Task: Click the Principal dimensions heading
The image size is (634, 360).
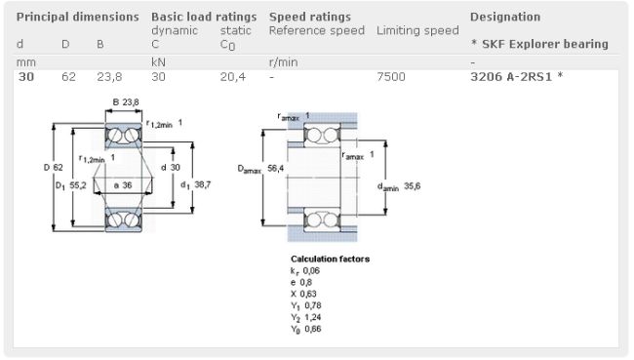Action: pos(77,17)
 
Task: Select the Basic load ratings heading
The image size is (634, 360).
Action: pos(204,17)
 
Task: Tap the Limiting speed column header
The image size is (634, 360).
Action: pos(417,31)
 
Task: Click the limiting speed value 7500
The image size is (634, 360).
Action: pos(391,77)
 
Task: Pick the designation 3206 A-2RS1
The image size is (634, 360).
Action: pos(511,77)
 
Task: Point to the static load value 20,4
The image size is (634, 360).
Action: pos(233,77)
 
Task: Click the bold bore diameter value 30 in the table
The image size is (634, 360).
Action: pos(26,77)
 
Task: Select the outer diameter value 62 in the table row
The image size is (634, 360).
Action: pos(68,77)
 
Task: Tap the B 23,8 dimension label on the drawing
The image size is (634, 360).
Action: pos(126,102)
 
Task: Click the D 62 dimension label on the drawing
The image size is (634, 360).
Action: pos(54,168)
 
